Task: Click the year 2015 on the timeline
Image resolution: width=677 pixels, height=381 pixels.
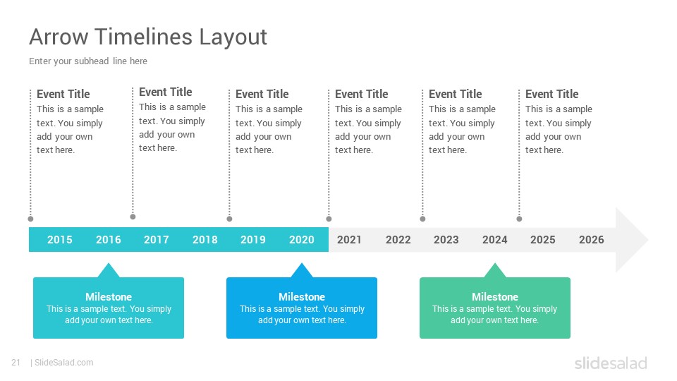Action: coord(59,240)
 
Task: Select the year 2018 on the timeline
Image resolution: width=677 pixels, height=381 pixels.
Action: coord(205,240)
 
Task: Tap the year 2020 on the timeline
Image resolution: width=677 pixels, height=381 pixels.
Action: coord(301,240)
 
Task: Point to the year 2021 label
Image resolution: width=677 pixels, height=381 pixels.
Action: coord(349,240)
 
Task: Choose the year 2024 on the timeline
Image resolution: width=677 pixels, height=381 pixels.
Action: coord(495,240)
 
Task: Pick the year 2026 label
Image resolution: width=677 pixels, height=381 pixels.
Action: coord(592,240)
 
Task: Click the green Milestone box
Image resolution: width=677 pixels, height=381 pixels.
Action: coord(495,308)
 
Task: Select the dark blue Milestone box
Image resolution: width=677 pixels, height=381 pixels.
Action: coord(302,308)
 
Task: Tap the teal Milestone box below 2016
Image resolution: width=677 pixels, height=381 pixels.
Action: coord(109,308)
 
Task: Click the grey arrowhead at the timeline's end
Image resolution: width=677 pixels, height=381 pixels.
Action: coord(630,240)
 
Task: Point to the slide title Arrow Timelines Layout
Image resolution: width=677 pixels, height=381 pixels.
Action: coord(148,37)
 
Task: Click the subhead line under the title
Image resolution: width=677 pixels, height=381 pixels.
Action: coord(88,61)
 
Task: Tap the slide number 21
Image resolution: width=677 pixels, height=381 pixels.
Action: coord(16,363)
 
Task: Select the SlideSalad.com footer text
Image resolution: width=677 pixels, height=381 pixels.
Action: coord(64,363)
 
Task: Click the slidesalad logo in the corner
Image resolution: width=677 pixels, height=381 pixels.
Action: coord(611,363)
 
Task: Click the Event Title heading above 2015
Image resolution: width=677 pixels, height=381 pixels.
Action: coord(63,94)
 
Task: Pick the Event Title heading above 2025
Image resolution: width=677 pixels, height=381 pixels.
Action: coord(551,94)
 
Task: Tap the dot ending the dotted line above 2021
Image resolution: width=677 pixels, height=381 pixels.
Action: coord(329,219)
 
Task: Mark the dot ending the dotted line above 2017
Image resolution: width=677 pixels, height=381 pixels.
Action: coord(133,217)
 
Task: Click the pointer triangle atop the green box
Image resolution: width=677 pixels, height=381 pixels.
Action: coord(495,271)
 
